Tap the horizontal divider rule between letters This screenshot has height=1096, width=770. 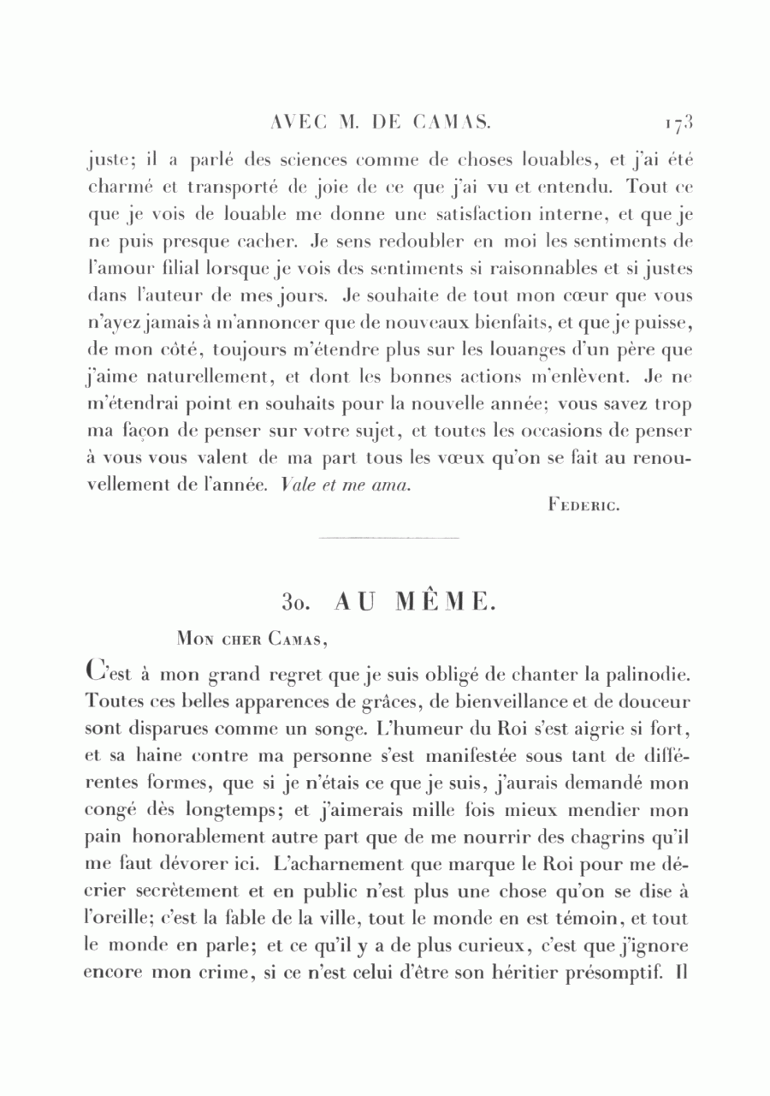tap(388, 538)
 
